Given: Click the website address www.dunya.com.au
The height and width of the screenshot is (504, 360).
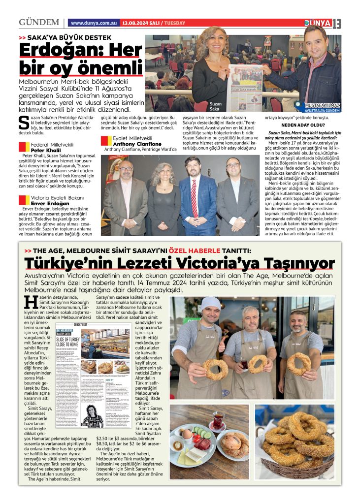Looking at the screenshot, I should pyautogui.click(x=94, y=23).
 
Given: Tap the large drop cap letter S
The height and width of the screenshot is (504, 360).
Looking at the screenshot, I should pyautogui.click(x=23, y=123).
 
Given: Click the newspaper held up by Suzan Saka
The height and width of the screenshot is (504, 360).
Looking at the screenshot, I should pyautogui.click(x=244, y=88).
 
